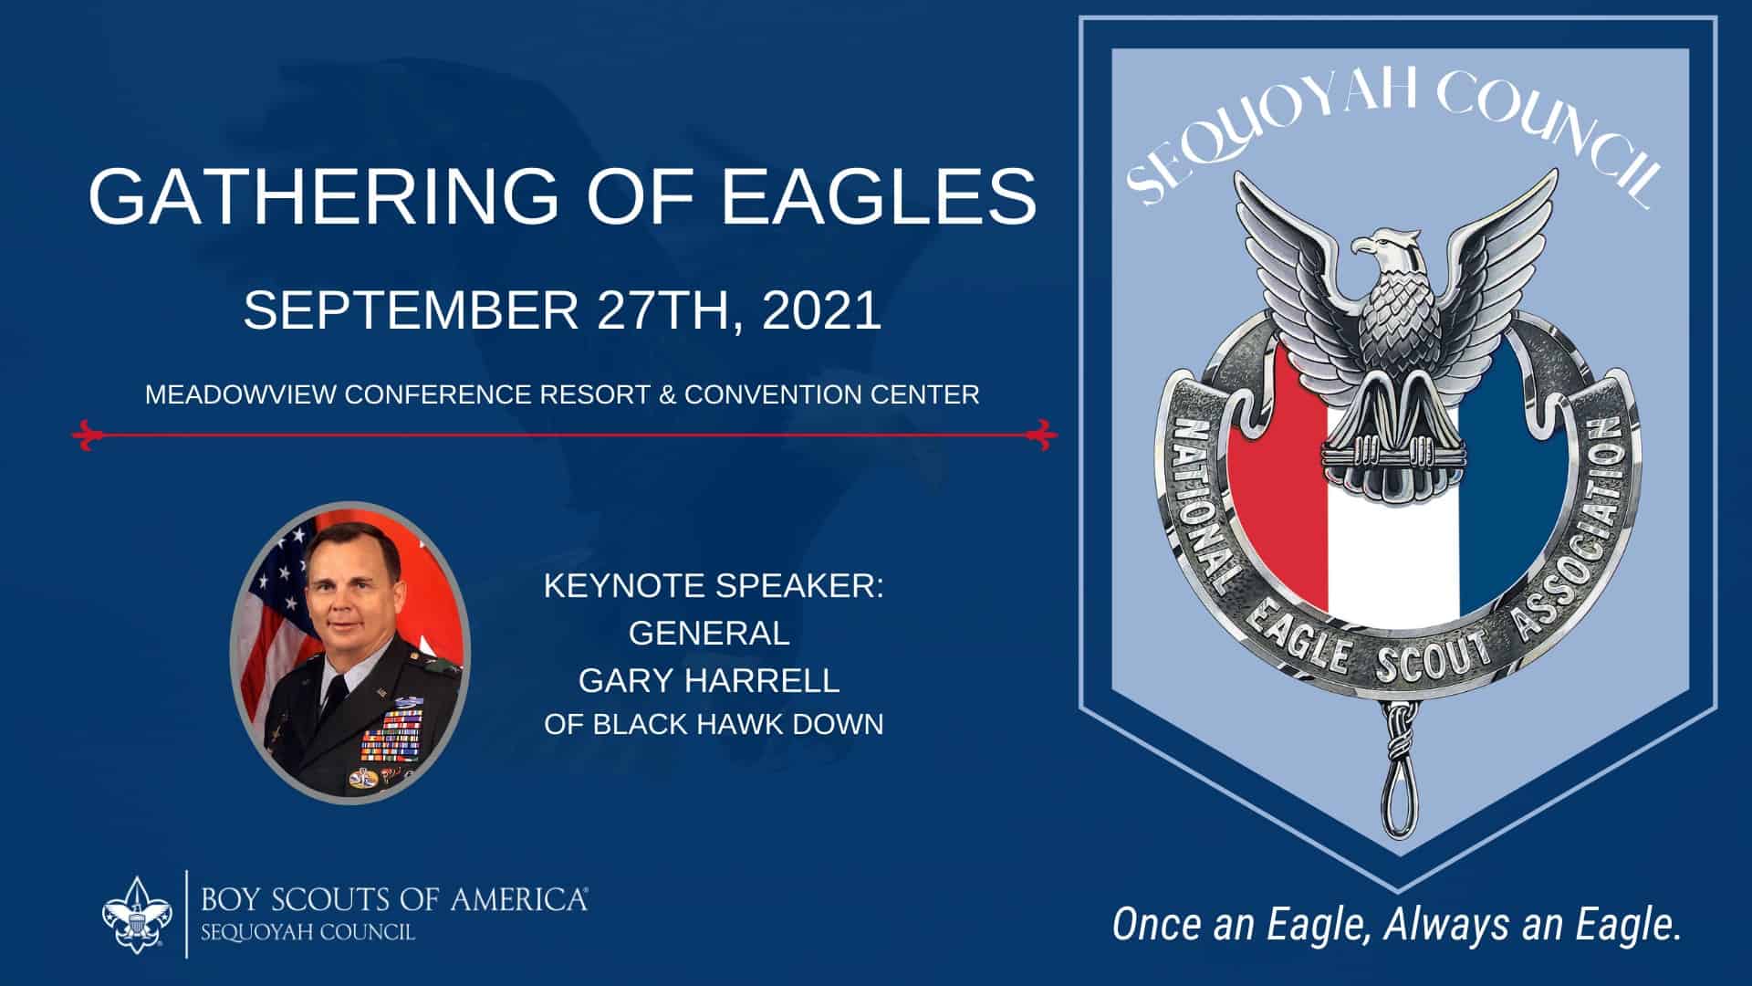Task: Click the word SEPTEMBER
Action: point(411,310)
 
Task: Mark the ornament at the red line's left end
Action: point(86,435)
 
